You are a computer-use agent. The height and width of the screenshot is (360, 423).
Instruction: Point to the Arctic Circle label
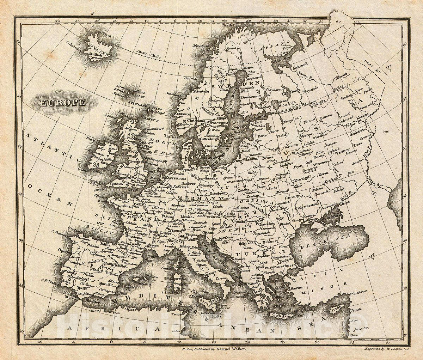149,54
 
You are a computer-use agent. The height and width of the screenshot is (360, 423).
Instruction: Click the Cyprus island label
335,307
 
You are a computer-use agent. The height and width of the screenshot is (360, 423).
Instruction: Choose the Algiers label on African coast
130,309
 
